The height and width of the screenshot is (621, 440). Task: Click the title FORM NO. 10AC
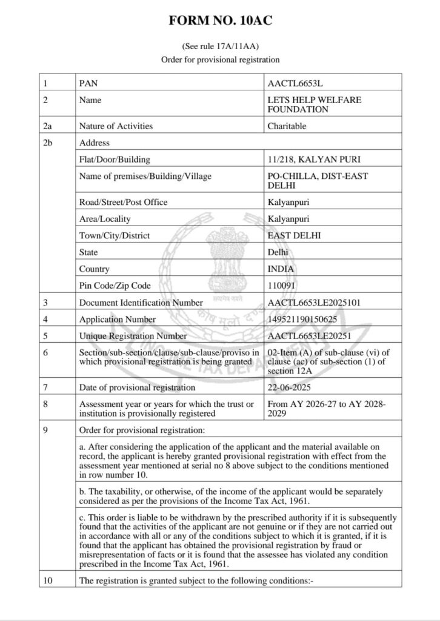coord(220,23)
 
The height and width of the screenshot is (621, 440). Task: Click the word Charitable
coord(287,126)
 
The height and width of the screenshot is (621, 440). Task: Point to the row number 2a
coord(48,126)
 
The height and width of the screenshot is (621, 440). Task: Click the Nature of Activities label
coord(116,126)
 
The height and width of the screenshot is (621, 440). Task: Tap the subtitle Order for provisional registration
coord(220,59)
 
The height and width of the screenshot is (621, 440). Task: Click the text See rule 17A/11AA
coord(220,46)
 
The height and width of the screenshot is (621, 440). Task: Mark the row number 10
coord(48,580)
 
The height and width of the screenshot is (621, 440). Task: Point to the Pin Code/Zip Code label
coord(115,285)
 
